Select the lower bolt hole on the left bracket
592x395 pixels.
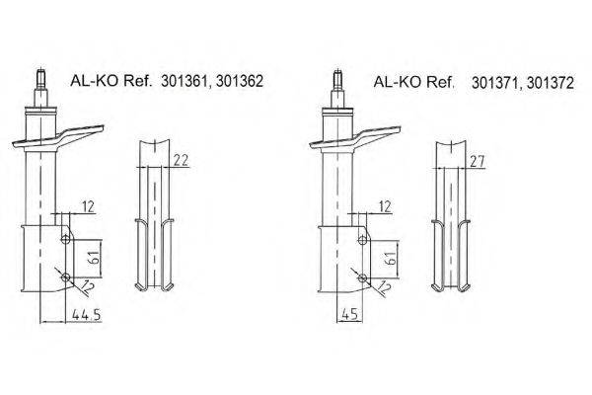65,277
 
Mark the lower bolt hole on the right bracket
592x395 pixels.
362,277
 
